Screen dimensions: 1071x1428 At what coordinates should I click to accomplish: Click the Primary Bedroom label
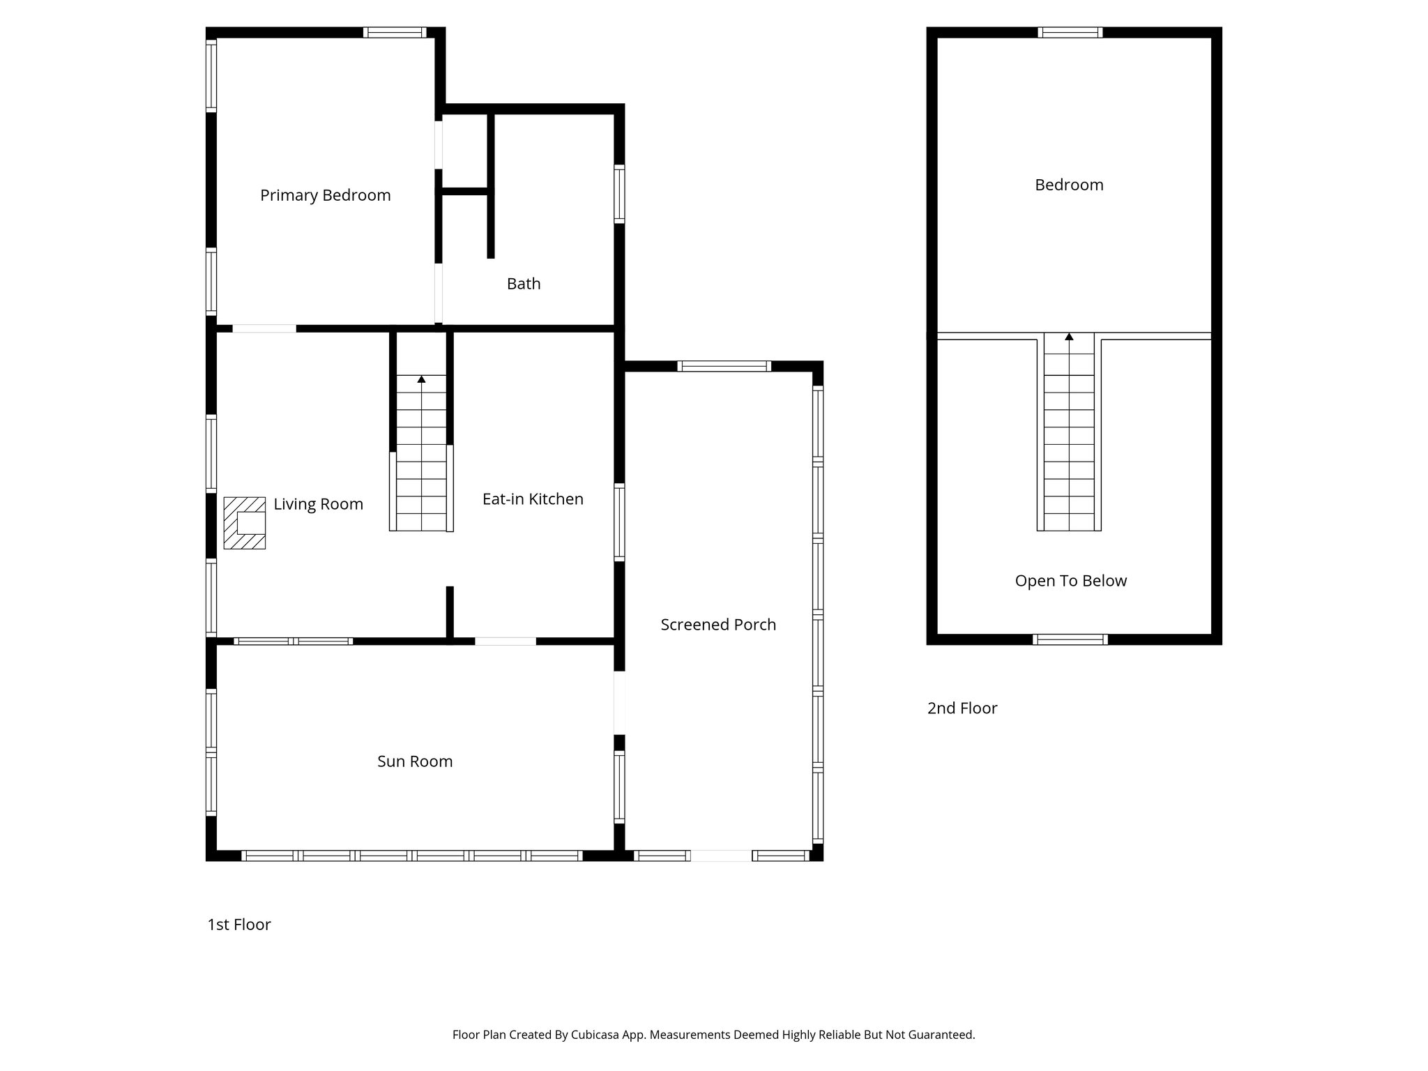coord(325,195)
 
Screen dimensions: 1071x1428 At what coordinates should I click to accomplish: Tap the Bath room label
coord(523,284)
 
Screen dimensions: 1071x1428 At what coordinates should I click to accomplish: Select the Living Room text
coord(318,504)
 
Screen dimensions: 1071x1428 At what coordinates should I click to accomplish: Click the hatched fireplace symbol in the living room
coord(244,523)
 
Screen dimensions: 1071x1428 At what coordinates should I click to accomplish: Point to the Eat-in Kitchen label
coord(533,499)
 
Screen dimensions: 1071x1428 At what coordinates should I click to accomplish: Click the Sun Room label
coord(415,761)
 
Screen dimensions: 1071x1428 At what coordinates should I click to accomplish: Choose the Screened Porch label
coord(718,625)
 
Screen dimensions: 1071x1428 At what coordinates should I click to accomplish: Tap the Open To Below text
coord(1070,581)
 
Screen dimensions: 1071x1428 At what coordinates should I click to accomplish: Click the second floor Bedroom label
coord(1069,185)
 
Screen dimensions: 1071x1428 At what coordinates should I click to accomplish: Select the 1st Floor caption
coord(238,925)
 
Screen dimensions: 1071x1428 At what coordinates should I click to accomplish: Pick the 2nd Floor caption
coord(962,708)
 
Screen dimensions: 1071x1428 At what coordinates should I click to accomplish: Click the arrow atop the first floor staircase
coord(421,379)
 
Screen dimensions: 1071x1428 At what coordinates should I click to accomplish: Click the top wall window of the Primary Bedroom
coord(395,32)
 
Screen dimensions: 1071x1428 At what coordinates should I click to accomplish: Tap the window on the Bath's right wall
coord(619,194)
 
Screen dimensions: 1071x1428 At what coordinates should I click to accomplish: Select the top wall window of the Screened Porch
coord(724,366)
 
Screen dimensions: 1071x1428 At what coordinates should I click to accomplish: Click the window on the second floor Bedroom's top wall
coord(1070,32)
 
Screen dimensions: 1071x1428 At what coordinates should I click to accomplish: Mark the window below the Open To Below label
coord(1070,639)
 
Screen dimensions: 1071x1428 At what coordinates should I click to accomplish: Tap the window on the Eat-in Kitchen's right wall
coord(619,522)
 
